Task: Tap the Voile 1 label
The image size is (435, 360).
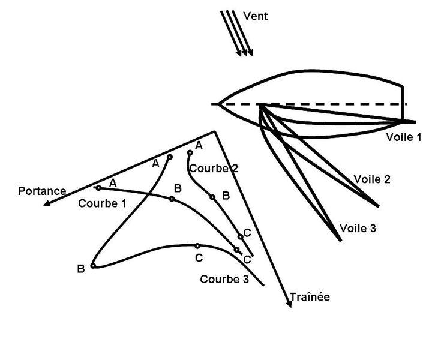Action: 404,137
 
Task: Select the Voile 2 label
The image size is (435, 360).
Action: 372,179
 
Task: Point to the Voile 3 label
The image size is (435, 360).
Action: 358,228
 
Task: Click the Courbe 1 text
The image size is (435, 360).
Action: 102,203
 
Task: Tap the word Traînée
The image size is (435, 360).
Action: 310,297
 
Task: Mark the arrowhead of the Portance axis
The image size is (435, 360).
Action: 45,203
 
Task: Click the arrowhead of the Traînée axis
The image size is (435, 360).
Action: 290,304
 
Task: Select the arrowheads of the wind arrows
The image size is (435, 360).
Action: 245,53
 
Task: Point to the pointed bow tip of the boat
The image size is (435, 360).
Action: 219,104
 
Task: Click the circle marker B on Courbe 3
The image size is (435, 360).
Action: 93,266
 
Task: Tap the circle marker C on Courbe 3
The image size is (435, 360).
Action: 197,245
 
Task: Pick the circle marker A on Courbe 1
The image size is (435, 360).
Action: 99,188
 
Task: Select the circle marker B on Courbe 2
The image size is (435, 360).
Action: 212,196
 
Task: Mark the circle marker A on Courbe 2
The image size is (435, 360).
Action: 190,152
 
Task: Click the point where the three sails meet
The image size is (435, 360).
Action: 262,106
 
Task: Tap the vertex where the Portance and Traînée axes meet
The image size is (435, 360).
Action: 214,131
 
